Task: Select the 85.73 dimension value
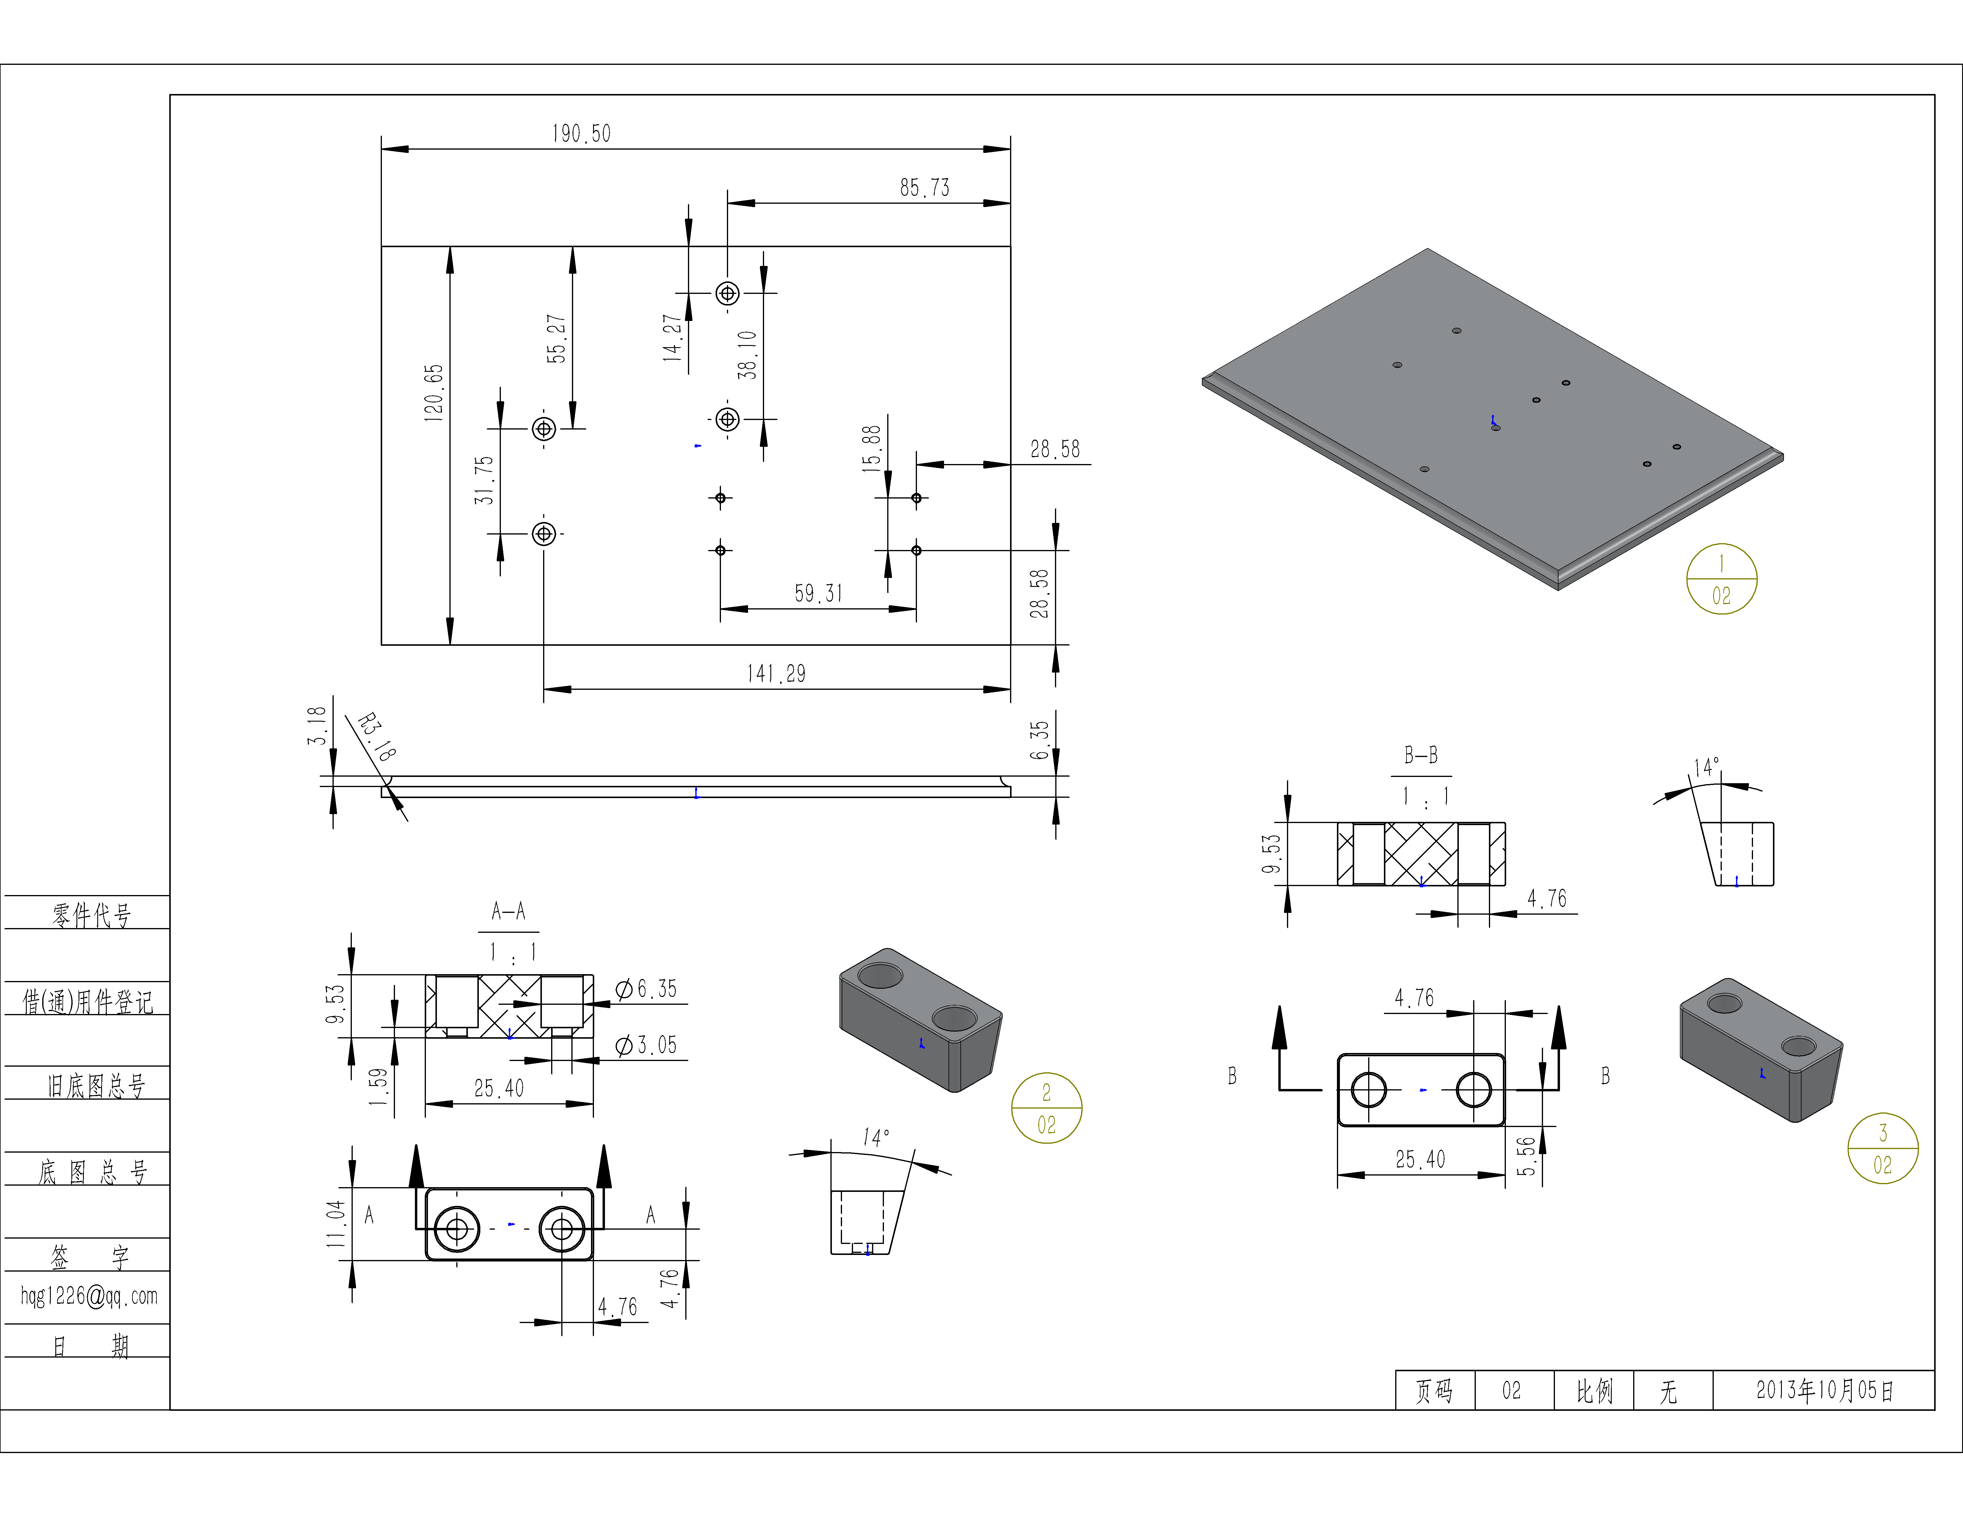(924, 188)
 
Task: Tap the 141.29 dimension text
(776, 674)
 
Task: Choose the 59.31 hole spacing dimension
(818, 593)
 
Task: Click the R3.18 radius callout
(376, 737)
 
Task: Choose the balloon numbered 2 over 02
(1046, 1108)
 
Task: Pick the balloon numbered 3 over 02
(1882, 1148)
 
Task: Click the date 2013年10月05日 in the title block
(1825, 1390)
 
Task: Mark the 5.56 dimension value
(1525, 1156)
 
